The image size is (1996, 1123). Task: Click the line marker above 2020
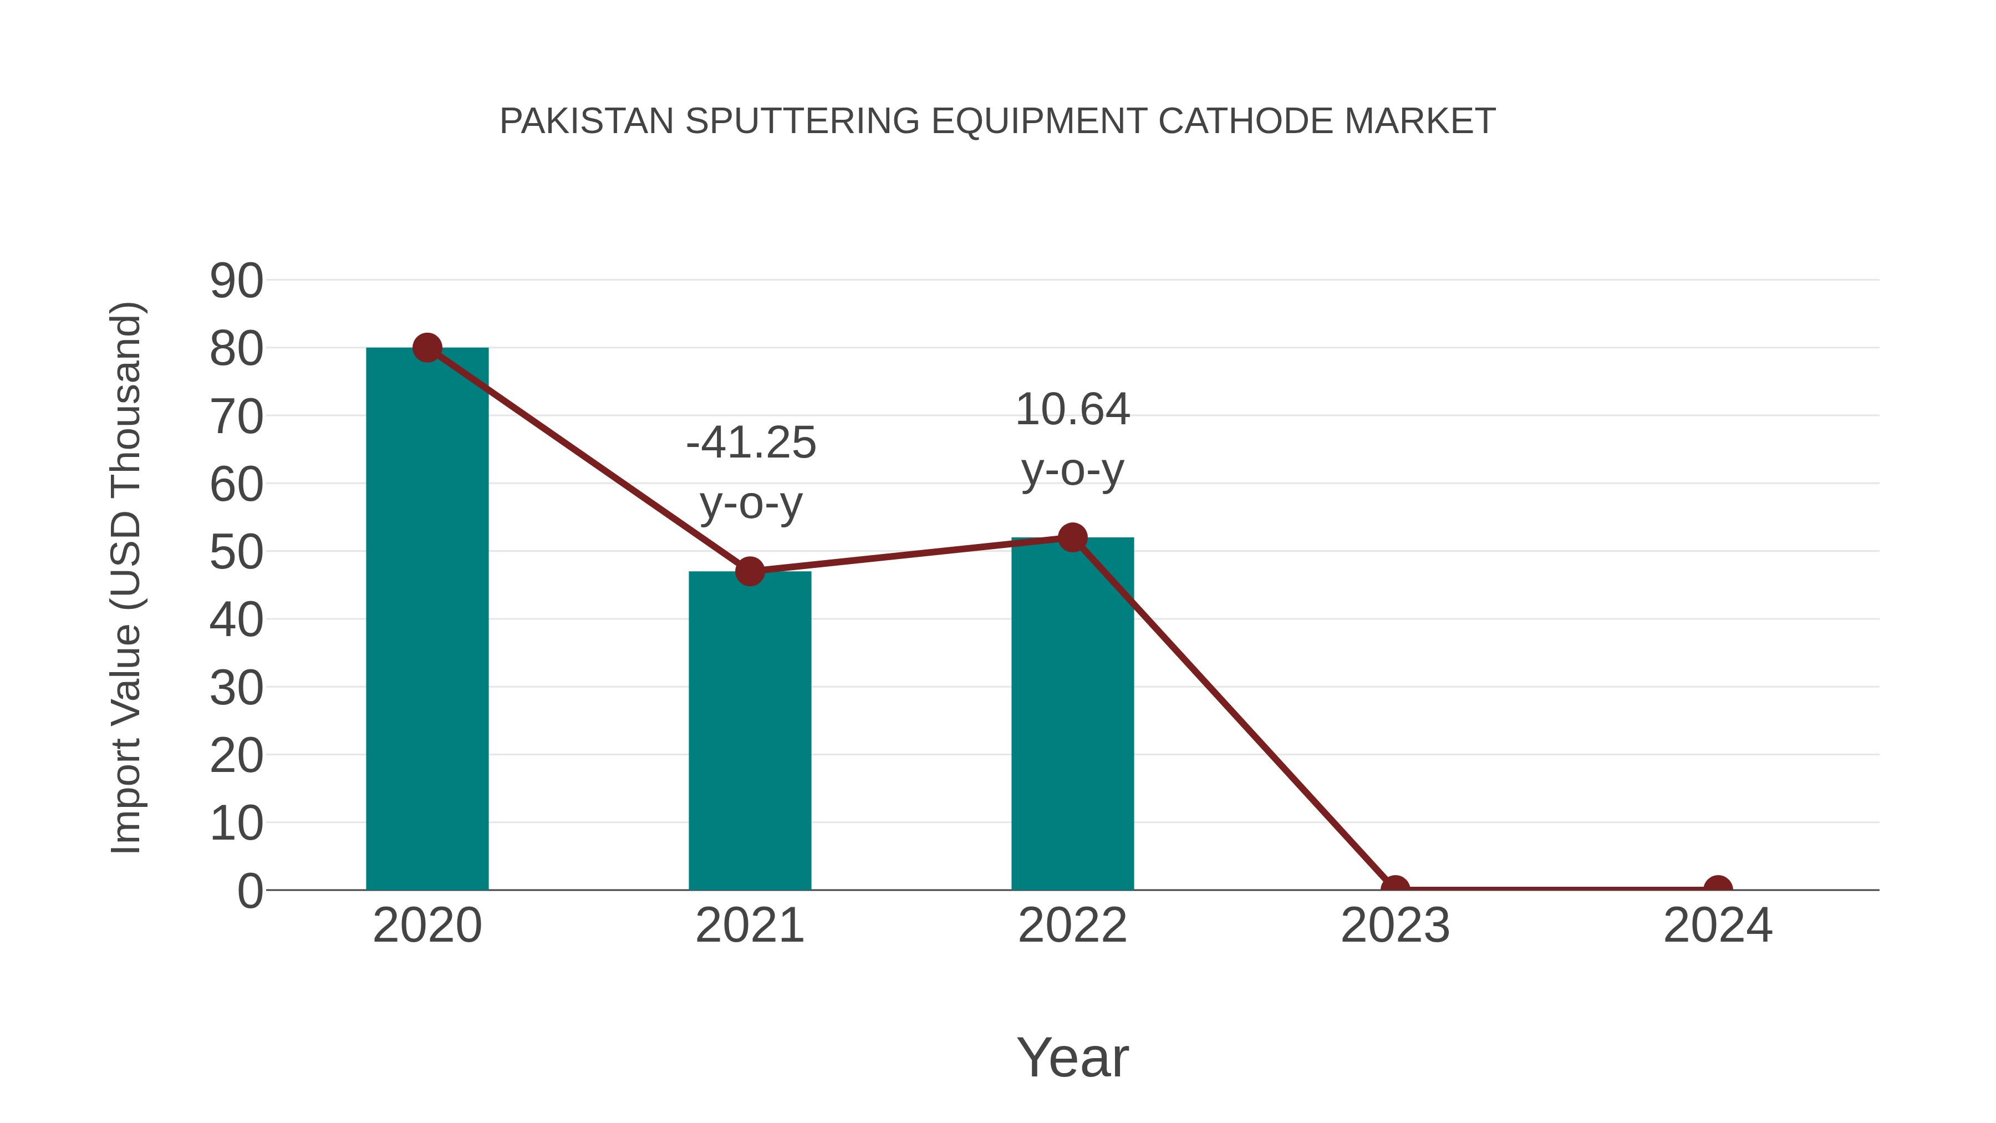(x=427, y=348)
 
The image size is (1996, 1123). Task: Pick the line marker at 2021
(x=749, y=572)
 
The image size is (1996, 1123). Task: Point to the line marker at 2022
(x=1072, y=538)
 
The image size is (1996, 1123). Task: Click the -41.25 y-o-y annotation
(x=751, y=472)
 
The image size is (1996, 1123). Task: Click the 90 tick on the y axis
(x=236, y=281)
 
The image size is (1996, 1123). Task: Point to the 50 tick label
(x=236, y=552)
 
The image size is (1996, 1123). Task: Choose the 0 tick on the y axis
(x=249, y=891)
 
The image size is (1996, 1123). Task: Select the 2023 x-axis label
(x=1395, y=926)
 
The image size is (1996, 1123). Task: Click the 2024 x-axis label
(x=1718, y=926)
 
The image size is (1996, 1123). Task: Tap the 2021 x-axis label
(x=749, y=926)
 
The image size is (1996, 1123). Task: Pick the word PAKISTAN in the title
(x=587, y=121)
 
